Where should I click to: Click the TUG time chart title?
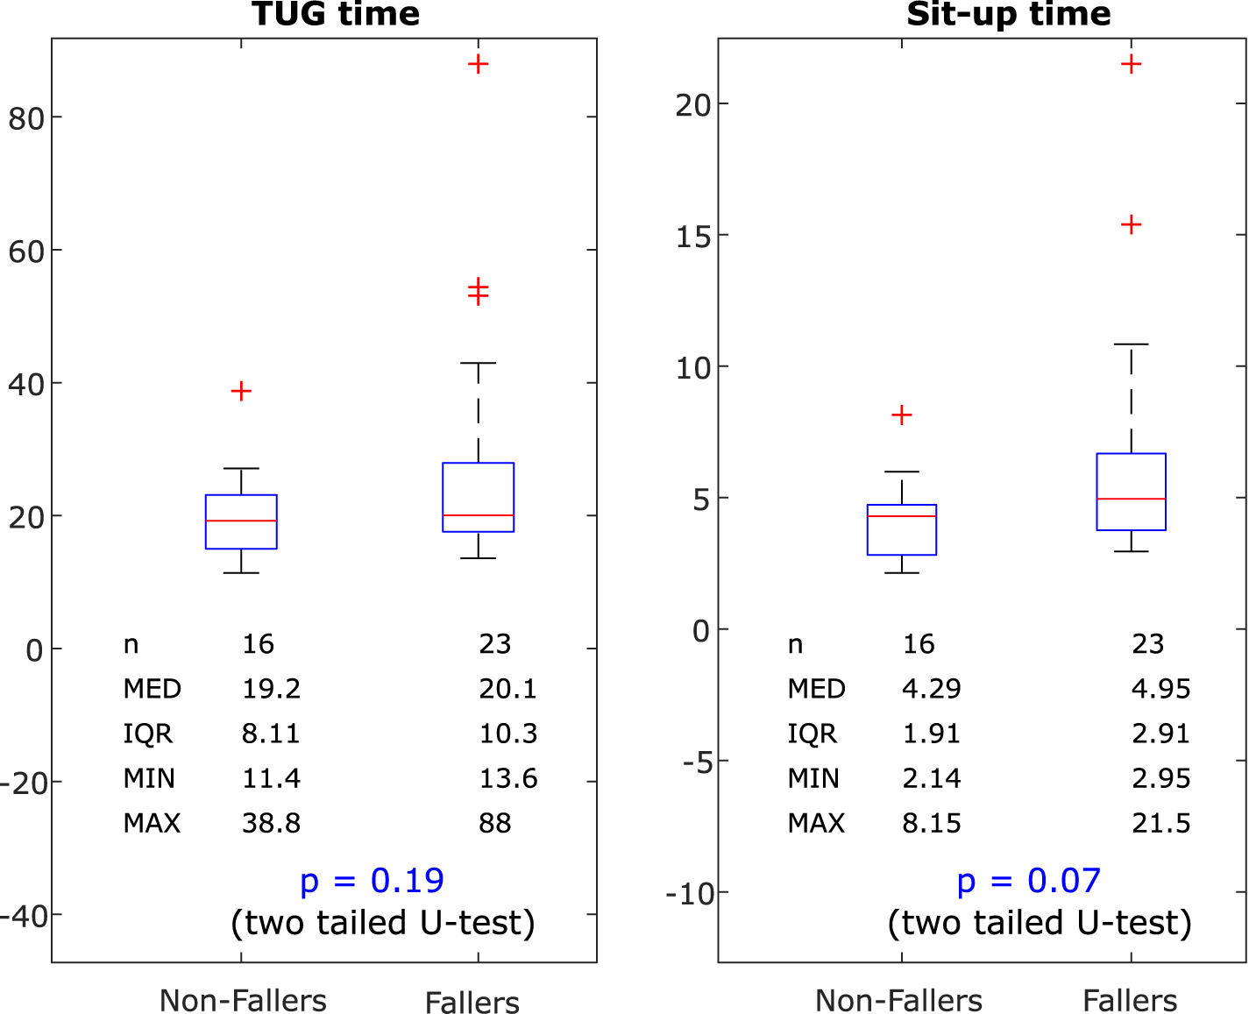coord(336,14)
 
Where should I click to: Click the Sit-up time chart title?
coord(1008,14)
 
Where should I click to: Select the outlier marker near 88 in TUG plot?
coord(478,64)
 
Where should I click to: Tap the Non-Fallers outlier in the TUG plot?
coord(241,391)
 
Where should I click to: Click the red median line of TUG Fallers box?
coord(478,515)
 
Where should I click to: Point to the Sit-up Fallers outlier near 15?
coord(1131,225)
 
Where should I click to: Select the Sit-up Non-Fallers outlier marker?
coord(901,415)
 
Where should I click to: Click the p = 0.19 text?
coord(372,880)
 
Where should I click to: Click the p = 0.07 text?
coord(1028,880)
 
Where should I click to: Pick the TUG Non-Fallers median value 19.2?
coord(271,689)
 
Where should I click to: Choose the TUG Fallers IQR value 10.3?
coord(507,734)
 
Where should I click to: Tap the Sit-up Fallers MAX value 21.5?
coord(1160,823)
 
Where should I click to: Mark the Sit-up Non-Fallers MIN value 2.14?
coord(931,778)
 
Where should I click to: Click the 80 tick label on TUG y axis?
coord(26,118)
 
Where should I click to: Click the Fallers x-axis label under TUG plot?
coord(472,1002)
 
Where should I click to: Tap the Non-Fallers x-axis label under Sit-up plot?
coord(898,1001)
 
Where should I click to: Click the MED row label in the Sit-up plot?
coord(816,689)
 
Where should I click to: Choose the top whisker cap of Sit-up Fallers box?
coord(1131,344)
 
